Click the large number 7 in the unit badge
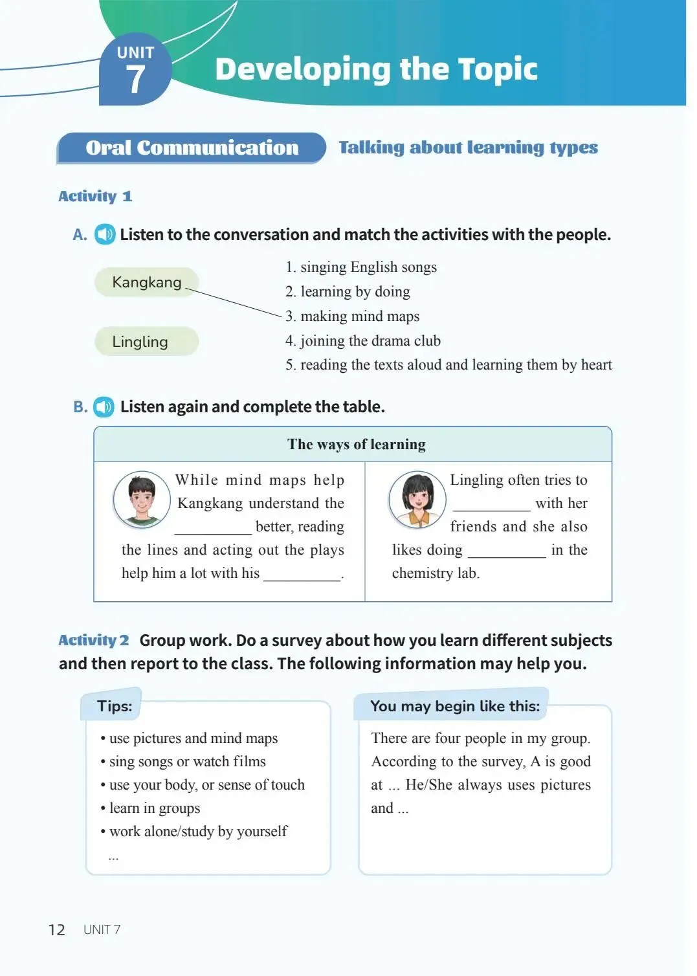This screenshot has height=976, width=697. pyautogui.click(x=135, y=80)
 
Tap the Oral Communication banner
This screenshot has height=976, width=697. pyautogui.click(x=192, y=148)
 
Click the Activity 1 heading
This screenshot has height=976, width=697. pyautogui.click(x=95, y=196)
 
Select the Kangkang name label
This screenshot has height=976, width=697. pyautogui.click(x=146, y=282)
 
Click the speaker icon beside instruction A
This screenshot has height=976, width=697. pyautogui.click(x=105, y=234)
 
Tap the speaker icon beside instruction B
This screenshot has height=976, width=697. pyautogui.click(x=104, y=407)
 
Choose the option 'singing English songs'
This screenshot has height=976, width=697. pyautogui.click(x=361, y=267)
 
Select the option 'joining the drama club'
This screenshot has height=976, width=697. pyautogui.click(x=363, y=341)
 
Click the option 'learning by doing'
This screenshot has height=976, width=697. pyautogui.click(x=348, y=292)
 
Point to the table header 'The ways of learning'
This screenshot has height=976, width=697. pyautogui.click(x=357, y=445)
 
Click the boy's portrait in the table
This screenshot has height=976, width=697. pyautogui.click(x=142, y=499)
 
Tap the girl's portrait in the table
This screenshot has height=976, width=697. pyautogui.click(x=417, y=499)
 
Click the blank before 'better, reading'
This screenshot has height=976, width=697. pyautogui.click(x=213, y=528)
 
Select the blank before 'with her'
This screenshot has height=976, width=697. pyautogui.click(x=491, y=505)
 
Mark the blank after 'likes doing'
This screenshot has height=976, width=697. pyautogui.click(x=507, y=551)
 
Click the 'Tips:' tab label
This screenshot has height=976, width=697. pyautogui.click(x=115, y=706)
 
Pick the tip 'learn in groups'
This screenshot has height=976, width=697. pyautogui.click(x=154, y=808)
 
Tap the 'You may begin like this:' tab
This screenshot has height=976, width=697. pyautogui.click(x=454, y=706)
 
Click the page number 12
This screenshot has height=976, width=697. pyautogui.click(x=57, y=930)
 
